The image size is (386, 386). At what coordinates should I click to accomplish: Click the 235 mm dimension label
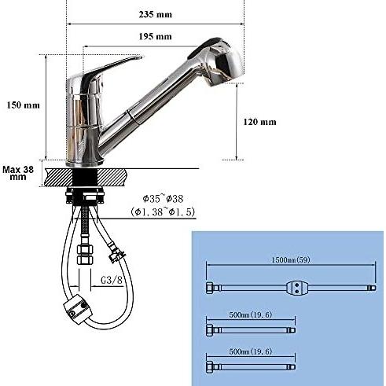156,14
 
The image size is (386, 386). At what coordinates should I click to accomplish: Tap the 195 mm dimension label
155,36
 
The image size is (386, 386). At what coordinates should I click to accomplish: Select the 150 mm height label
24,105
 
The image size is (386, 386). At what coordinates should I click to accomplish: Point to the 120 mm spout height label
259,122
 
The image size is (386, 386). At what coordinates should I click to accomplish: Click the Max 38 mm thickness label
18,173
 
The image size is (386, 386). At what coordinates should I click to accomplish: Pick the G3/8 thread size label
112,280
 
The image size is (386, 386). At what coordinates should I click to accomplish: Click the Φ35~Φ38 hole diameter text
163,199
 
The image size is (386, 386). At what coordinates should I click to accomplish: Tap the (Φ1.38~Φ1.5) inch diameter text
163,211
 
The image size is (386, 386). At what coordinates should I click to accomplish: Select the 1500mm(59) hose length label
290,260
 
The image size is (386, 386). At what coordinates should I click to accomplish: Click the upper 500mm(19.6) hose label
251,314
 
